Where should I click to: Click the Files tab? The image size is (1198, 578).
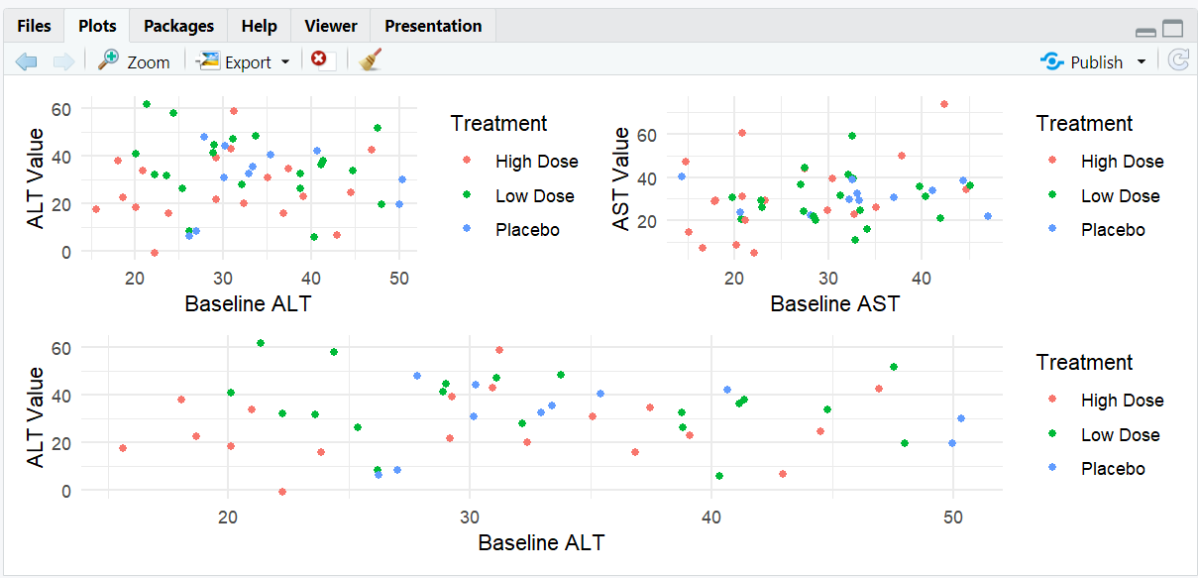coord(34,26)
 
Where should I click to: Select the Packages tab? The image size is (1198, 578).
coord(178,26)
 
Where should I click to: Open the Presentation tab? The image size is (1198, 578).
coord(433,26)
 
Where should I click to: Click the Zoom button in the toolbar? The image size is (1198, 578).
coord(135,61)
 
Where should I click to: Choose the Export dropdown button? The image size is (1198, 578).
coord(244,61)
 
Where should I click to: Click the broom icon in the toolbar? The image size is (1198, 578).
coord(371,60)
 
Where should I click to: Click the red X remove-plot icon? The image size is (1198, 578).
coord(319,59)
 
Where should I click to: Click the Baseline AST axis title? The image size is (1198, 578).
coord(835,303)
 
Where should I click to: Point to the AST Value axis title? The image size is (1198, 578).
coord(621,178)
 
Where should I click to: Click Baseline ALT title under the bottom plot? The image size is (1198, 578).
coord(541,542)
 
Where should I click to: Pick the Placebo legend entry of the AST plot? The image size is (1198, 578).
coord(1112,230)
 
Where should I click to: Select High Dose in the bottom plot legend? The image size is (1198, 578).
coord(1122,401)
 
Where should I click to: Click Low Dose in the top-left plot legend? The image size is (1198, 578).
coord(535,196)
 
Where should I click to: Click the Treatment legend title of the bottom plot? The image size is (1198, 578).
coord(1084,363)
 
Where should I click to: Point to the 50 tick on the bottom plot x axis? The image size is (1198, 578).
coord(953,517)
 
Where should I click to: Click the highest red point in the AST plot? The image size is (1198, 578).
coord(944,104)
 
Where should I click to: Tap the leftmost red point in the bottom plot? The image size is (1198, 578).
coord(123,448)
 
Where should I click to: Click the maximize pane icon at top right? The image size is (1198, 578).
coord(1173,29)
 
